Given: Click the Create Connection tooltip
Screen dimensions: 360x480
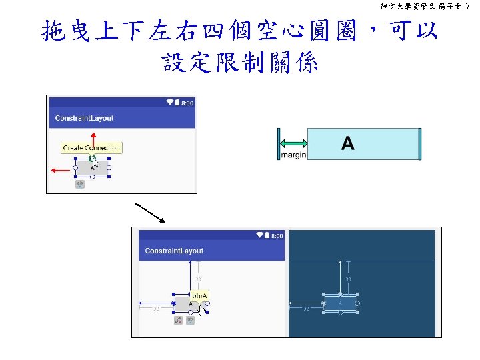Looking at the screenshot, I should [x=91, y=148].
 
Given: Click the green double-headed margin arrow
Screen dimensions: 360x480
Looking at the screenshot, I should [x=293, y=143].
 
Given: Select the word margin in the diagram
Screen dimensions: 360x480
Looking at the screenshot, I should [x=293, y=155].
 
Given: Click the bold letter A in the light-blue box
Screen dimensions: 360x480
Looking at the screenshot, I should [x=347, y=143].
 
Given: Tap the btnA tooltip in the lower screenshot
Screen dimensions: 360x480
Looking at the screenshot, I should [x=200, y=295].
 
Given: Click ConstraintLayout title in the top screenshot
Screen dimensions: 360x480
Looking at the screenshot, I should [x=85, y=118].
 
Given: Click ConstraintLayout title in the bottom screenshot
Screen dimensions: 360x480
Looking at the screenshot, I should [x=175, y=251].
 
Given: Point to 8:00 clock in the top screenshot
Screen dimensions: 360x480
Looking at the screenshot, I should [x=187, y=103].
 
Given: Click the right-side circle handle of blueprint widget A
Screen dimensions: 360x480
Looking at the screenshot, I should [x=357, y=304].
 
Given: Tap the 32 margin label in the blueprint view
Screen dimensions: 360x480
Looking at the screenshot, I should [x=306, y=309].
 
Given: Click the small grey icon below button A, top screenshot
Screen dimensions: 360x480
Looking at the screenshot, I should [x=80, y=184].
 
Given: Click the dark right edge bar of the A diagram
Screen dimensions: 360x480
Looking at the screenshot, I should [x=420, y=143].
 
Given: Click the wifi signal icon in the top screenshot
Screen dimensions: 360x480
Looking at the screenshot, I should [x=170, y=103].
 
